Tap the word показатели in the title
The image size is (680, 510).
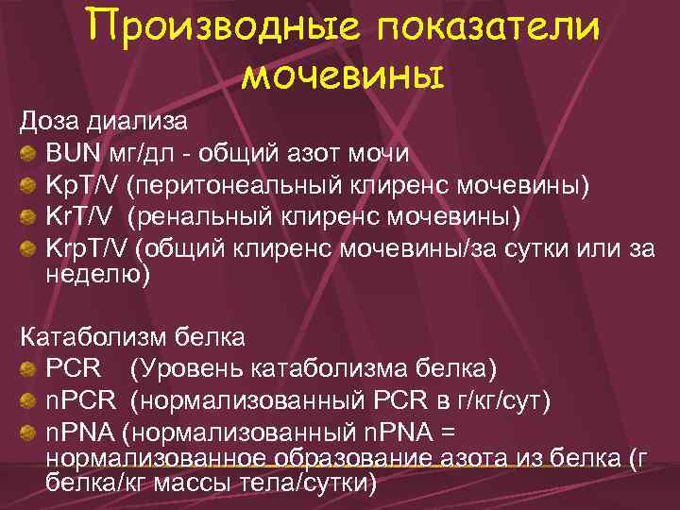(488, 28)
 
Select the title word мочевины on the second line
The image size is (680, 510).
(341, 74)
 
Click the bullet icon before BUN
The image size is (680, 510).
(31, 153)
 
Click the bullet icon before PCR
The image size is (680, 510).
(31, 367)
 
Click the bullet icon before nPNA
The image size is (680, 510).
(31, 433)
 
